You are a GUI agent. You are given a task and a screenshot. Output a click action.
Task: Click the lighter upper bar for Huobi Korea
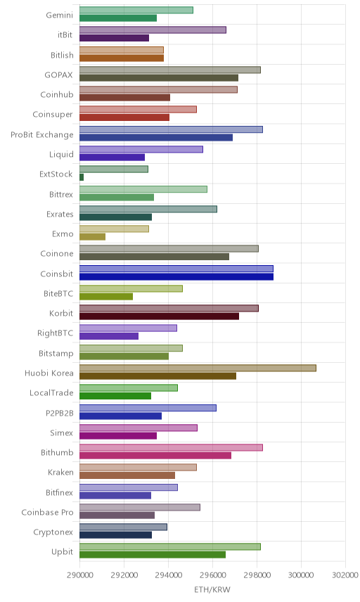[x=198, y=368]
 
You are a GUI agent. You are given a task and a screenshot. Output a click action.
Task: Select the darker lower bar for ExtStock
[x=82, y=177]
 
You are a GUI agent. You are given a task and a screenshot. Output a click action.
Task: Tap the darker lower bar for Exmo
[x=93, y=237]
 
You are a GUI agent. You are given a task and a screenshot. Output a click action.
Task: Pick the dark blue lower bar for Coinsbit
[x=176, y=276]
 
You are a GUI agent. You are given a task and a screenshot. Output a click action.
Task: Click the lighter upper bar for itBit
[x=153, y=30]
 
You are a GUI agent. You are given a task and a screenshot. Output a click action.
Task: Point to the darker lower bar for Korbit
[x=160, y=316]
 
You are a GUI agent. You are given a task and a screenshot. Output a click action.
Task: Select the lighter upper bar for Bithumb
[x=171, y=447]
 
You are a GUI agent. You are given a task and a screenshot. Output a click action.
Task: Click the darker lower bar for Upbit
[x=153, y=554]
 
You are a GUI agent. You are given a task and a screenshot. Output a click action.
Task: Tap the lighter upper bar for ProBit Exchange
[x=171, y=129]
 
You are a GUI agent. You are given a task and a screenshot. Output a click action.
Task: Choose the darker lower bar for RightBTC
[x=109, y=336]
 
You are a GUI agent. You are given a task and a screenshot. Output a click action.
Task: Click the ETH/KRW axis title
[x=212, y=590]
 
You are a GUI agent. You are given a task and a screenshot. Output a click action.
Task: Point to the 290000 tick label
[x=80, y=575]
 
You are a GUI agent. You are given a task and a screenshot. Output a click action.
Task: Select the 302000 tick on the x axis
[x=345, y=575]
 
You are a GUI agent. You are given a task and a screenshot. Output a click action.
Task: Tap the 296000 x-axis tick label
[x=212, y=575]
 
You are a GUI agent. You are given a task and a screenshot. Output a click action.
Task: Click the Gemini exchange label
[x=59, y=15]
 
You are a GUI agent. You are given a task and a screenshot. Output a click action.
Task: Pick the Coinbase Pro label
[x=47, y=512]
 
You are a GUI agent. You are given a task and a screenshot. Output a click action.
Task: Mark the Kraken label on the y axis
[x=60, y=472]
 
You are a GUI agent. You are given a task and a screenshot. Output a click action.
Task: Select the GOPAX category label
[x=58, y=75]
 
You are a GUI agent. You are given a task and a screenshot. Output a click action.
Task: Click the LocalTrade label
[x=51, y=392]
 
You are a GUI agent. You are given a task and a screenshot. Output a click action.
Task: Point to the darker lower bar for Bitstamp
[x=124, y=356]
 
